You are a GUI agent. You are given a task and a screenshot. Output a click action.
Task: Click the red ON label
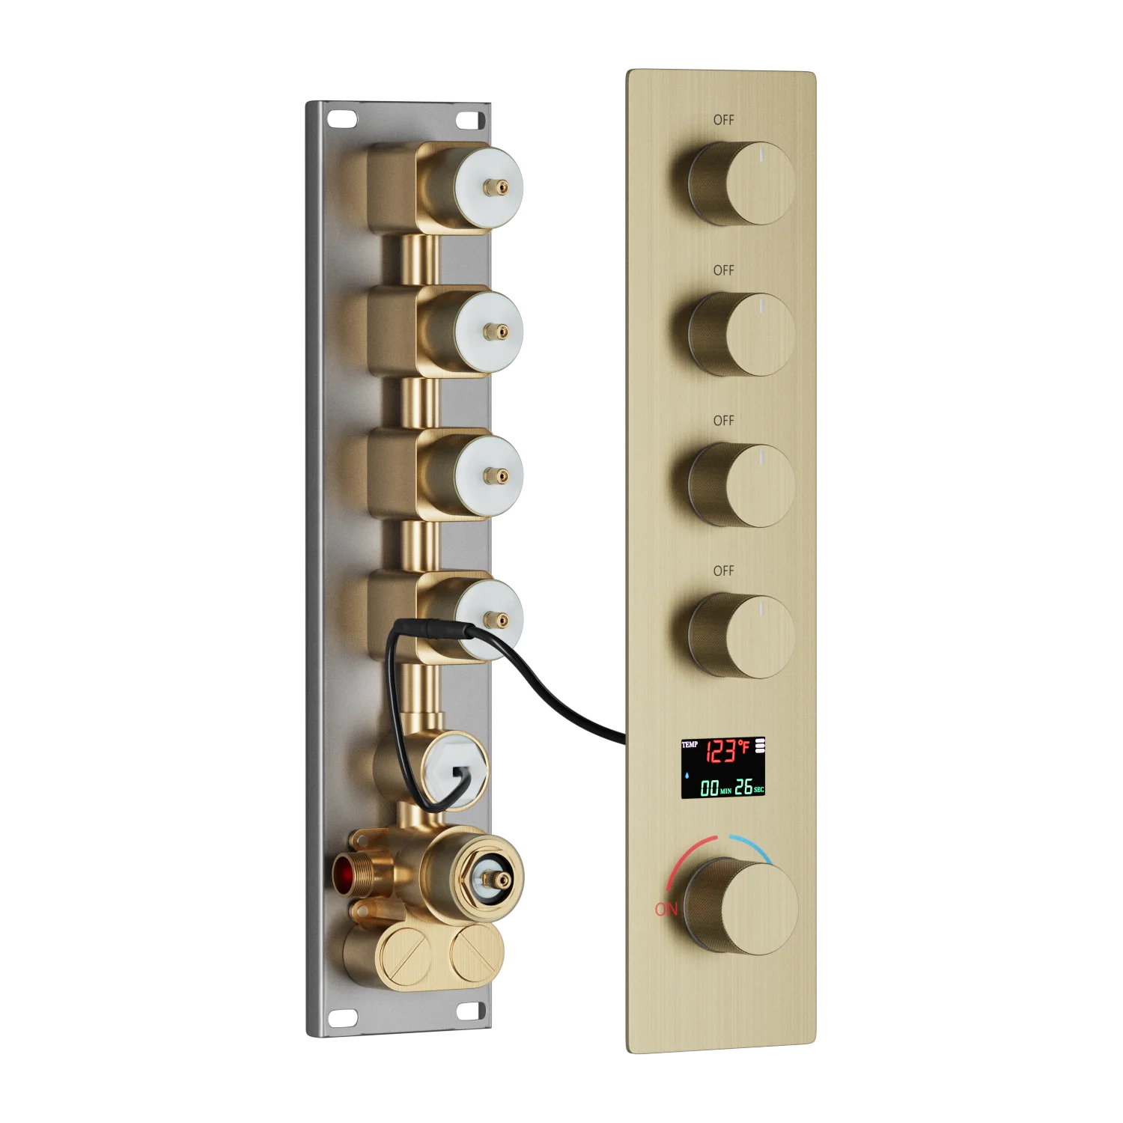coord(666,909)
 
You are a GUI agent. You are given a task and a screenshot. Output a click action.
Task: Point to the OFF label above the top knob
coord(723,120)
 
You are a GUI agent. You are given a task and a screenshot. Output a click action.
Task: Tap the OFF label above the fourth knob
coord(723,571)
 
